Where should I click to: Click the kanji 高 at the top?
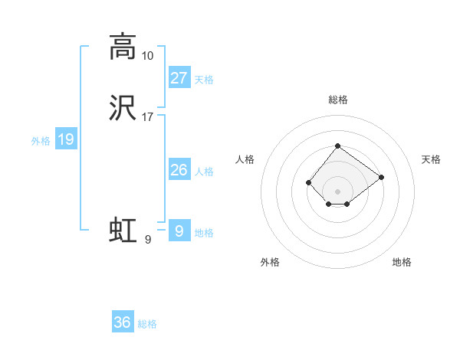[x=122, y=47]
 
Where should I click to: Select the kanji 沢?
[x=122, y=108]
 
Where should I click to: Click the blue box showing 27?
[x=179, y=78]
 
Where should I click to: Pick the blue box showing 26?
[x=179, y=170]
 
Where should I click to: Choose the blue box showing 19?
[x=65, y=139]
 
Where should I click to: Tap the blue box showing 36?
[x=123, y=322]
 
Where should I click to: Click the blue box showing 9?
[x=179, y=231]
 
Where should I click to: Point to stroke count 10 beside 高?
[x=147, y=56]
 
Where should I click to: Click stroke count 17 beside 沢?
[x=147, y=117]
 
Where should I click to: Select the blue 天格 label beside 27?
[x=204, y=80]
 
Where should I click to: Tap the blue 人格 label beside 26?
[x=204, y=172]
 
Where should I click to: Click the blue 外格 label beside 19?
[x=40, y=141]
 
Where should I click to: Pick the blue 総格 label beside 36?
[x=147, y=324]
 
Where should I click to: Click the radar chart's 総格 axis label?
[x=337, y=100]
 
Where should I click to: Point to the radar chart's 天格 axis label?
[x=432, y=159]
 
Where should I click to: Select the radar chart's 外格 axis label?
[x=270, y=262]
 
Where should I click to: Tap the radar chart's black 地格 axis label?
[x=402, y=262]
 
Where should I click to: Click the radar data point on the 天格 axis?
[x=381, y=177]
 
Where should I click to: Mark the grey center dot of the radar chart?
[x=337, y=191]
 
